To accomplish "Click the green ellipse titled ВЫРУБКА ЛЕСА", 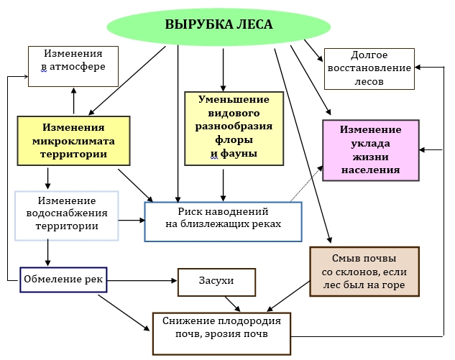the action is (x=219, y=27).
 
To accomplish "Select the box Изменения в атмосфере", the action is (x=73, y=66).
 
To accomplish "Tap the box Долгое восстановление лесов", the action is (x=369, y=69).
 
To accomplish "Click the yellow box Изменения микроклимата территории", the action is (x=73, y=141).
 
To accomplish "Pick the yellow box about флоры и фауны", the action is (x=234, y=129).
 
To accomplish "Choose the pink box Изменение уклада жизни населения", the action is (x=371, y=150).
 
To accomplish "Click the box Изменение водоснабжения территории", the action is (x=67, y=216).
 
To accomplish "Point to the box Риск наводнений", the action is (x=223, y=221).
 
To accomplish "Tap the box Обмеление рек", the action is (x=63, y=280).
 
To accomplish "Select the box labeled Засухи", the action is (x=216, y=282).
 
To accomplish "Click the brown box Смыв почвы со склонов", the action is (x=364, y=271).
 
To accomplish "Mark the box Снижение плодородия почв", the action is (x=221, y=333).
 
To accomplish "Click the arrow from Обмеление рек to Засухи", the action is (x=142, y=280).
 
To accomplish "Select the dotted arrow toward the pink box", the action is (x=306, y=183).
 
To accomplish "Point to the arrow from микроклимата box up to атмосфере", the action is (x=74, y=101).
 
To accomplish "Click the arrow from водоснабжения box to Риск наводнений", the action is (x=132, y=220).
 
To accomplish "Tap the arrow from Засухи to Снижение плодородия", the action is (x=233, y=304).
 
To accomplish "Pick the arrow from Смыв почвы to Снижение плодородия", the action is (x=288, y=296).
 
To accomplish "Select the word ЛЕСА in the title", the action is (x=254, y=24).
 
